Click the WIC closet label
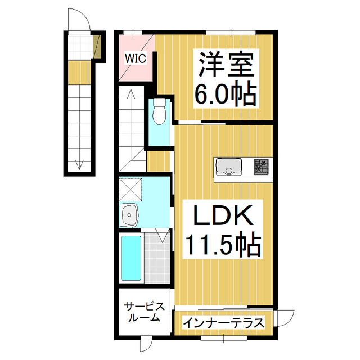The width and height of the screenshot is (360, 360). (136, 58)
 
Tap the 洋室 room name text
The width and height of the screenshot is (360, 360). (226, 65)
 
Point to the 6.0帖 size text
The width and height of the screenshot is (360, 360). (226, 94)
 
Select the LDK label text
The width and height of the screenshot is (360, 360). (223, 215)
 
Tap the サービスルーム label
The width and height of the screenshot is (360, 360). (144, 312)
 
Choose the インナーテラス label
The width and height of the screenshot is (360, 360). (224, 323)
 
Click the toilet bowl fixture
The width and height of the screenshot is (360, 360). (159, 112)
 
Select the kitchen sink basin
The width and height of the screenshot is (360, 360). (229, 166)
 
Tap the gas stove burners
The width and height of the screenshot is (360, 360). (261, 167)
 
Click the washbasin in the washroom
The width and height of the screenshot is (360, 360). (129, 215)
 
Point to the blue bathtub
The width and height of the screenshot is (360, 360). (131, 258)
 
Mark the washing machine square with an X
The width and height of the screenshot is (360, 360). (130, 190)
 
